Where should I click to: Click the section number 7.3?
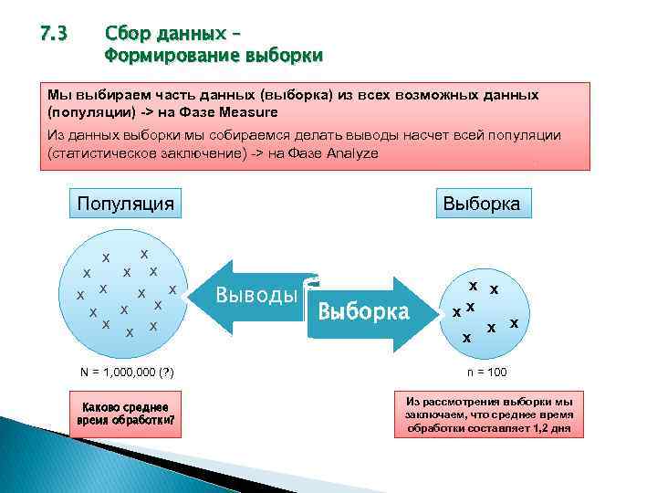[55, 34]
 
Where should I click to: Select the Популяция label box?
[125, 203]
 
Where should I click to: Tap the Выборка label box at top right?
[480, 203]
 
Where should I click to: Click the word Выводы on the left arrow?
[255, 295]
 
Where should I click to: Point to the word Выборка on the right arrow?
[364, 311]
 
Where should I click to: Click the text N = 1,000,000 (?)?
[127, 372]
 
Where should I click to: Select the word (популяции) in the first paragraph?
[85, 111]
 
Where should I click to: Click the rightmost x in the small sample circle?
[514, 323]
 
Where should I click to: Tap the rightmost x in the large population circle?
[172, 289]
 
